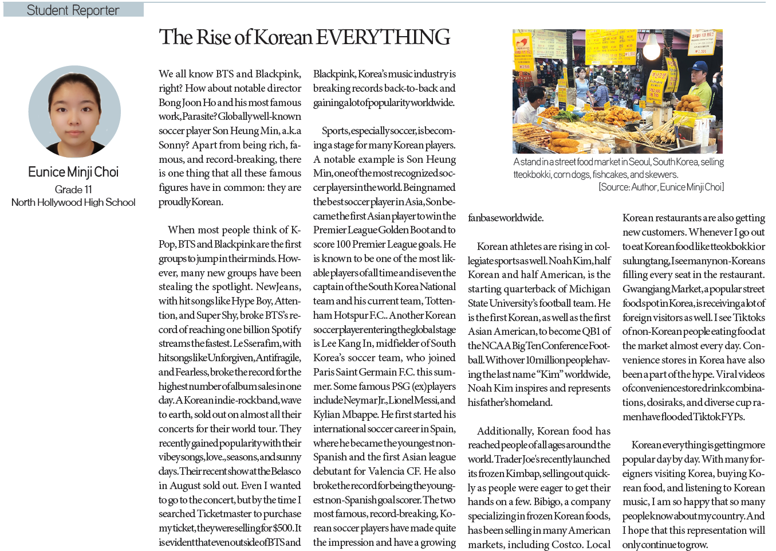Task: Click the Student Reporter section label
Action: coord(73,10)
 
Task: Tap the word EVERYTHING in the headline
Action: coord(383,37)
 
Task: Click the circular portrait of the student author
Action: coord(74,111)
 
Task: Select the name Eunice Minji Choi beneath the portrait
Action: coord(73,172)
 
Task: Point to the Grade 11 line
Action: coord(73,189)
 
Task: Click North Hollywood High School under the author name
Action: coord(73,202)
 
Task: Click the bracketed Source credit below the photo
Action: coord(661,187)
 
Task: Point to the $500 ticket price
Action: coord(283,528)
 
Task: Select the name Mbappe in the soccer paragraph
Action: coord(360,415)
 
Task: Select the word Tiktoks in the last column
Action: coord(749,318)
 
